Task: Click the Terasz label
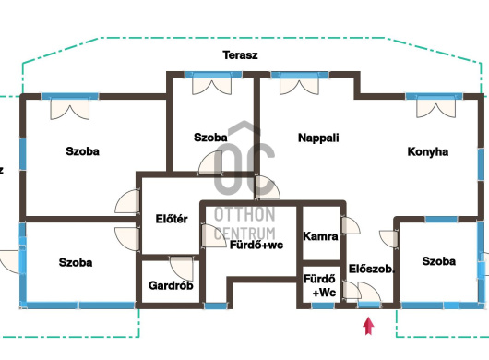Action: pos(240,55)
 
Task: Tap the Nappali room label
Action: pos(318,138)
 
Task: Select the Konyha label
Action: pos(428,152)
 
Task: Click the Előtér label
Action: pos(172,219)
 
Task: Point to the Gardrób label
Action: pos(171,285)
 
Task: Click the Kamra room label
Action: pos(320,236)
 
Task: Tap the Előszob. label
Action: pos(371,269)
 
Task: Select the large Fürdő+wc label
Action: pos(256,245)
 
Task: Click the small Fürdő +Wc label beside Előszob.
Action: pos(320,285)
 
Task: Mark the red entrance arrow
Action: pos(369,326)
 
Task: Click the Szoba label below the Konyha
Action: pos(439,261)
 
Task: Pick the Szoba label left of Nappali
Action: pos(210,138)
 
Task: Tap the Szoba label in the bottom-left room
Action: pos(76,263)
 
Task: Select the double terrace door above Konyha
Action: pos(436,109)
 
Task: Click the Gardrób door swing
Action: pos(182,269)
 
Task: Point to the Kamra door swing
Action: pos(351,225)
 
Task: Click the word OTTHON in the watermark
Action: pos(244,214)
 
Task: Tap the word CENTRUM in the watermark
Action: pos(244,234)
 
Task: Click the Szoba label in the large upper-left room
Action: pos(83,151)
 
